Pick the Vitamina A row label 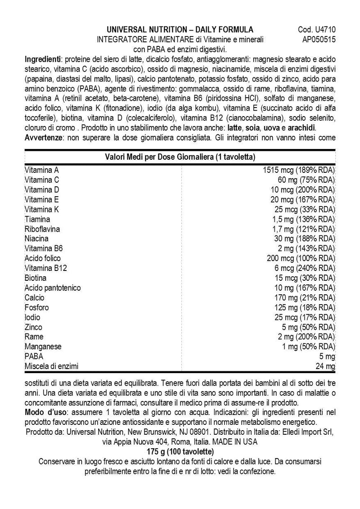[x=42, y=171]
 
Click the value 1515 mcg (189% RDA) [x=300, y=171]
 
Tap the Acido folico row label [x=43, y=258]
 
